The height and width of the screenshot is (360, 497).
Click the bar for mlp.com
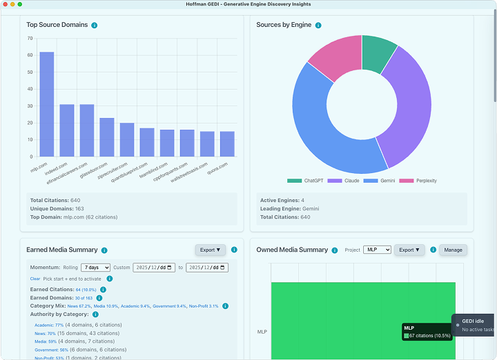[46, 104]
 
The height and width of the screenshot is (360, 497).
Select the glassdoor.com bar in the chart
[107, 137]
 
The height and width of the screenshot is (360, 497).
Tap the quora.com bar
[227, 143]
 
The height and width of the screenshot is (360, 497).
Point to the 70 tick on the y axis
[30, 37]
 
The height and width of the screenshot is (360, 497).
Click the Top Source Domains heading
[57, 25]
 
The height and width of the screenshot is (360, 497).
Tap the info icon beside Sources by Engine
[318, 26]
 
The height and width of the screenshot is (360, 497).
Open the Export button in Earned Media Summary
[210, 250]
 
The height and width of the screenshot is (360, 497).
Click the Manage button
[453, 250]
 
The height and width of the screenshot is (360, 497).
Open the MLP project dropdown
[377, 250]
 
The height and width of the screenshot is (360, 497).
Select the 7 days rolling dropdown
[95, 268]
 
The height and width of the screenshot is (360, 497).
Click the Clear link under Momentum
[35, 279]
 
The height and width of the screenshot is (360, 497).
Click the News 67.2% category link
[79, 306]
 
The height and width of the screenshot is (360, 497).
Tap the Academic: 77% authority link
[49, 325]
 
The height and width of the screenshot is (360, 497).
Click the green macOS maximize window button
[21, 4]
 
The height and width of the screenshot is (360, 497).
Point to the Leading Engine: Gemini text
[289, 208]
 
